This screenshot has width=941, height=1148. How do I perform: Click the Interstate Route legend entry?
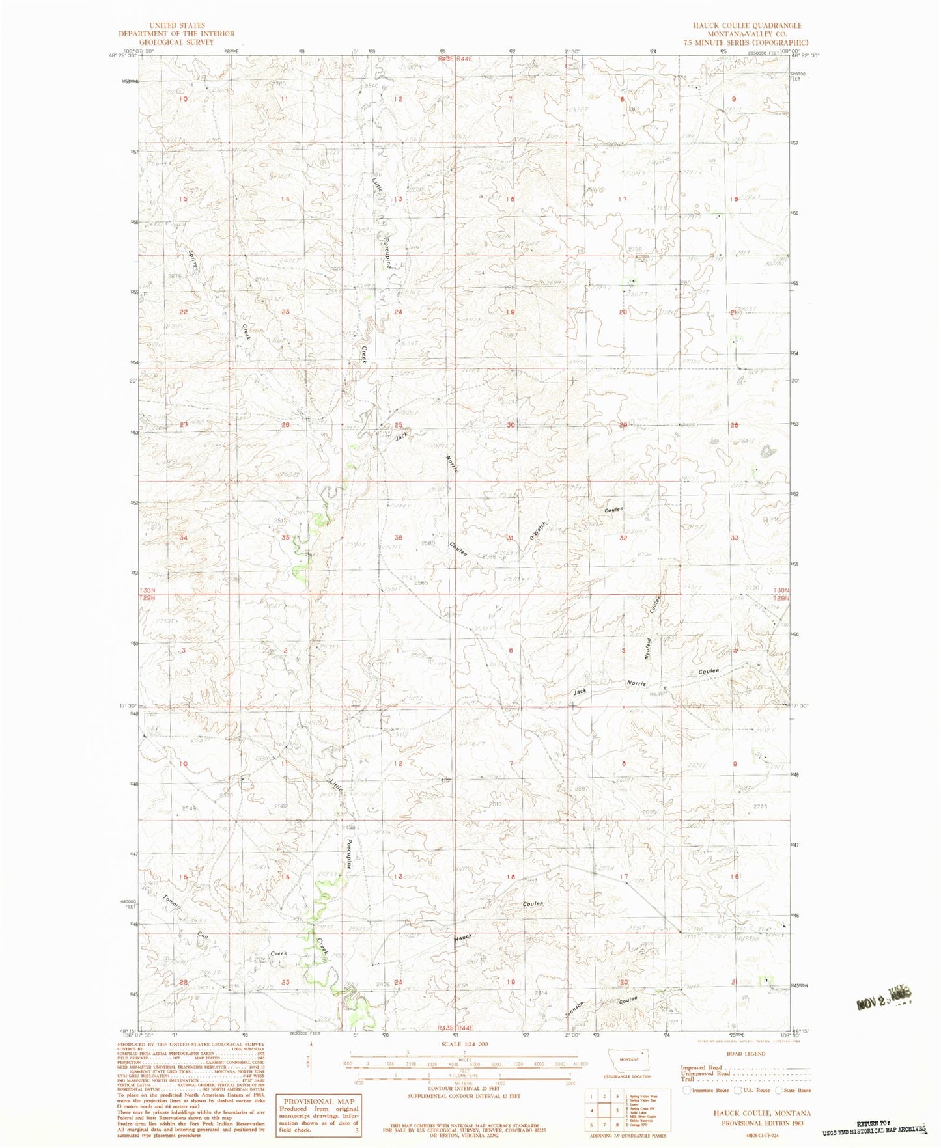point(705,1090)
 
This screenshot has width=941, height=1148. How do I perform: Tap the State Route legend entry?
point(793,1090)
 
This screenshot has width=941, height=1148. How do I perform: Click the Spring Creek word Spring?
point(193,262)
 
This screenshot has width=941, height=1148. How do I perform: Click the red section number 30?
point(511,425)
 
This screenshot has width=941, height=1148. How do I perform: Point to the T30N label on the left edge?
point(147,590)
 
